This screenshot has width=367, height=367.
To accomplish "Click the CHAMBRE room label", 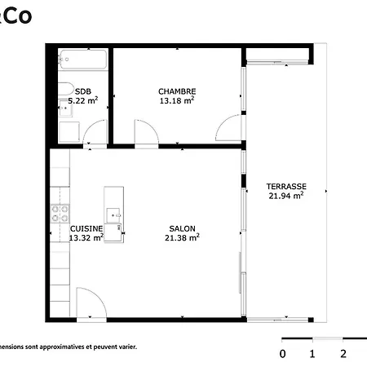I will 177,91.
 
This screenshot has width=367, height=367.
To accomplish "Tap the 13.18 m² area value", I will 177,101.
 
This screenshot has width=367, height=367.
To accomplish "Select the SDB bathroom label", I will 83,91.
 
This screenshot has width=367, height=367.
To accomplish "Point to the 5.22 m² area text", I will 83,101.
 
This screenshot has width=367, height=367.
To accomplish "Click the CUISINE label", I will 86,228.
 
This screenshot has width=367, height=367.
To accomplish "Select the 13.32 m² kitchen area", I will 86,238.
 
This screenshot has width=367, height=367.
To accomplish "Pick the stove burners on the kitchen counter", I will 60,214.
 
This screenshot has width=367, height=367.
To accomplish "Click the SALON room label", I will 182,228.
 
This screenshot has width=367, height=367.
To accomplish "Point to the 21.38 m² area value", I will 182,238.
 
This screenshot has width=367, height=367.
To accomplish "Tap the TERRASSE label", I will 286,186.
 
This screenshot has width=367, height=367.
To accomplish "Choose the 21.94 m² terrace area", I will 286,196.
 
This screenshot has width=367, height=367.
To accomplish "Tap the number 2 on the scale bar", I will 343,354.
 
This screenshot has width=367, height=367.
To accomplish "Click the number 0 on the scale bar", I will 282,354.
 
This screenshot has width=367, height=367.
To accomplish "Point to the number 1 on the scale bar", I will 312,354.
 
